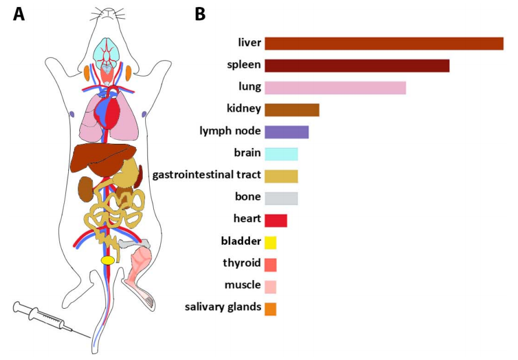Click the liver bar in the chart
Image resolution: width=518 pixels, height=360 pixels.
(x=384, y=44)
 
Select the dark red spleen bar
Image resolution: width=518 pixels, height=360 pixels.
(x=357, y=65)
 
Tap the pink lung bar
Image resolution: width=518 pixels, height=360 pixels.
(x=335, y=88)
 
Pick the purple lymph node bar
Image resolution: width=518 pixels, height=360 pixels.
(x=287, y=132)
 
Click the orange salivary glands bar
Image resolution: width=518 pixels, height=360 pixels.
(x=270, y=309)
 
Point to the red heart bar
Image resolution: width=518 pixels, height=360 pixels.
(x=276, y=220)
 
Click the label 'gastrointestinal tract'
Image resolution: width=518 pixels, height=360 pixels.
(x=206, y=175)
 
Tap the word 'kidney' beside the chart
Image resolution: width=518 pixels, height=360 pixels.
(x=244, y=108)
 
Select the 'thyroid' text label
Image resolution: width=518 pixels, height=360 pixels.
(x=241, y=263)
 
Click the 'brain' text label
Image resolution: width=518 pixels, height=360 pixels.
(x=247, y=153)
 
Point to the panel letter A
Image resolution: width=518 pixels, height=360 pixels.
(x=19, y=14)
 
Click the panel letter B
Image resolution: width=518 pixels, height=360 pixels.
(x=200, y=14)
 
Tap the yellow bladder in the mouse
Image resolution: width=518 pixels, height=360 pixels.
(x=107, y=260)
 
